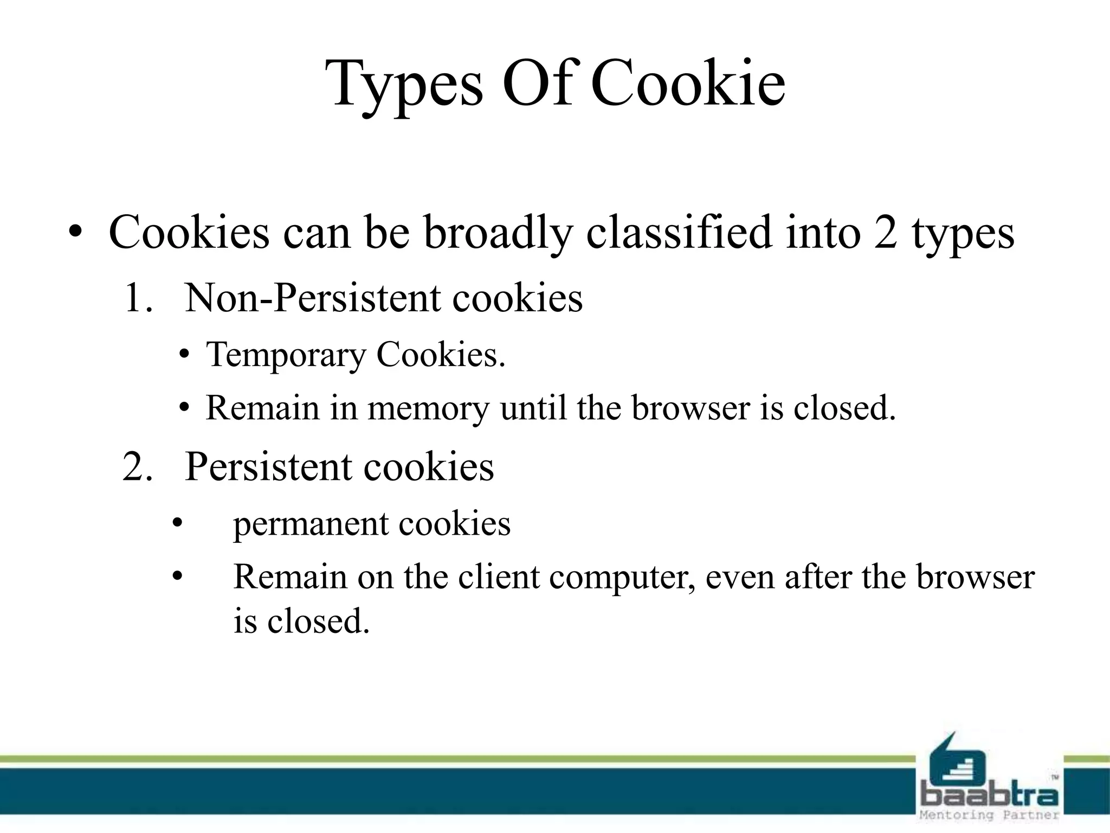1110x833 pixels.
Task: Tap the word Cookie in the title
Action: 688,84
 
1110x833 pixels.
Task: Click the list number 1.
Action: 137,299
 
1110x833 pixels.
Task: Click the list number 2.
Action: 137,467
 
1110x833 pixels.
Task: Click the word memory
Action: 428,408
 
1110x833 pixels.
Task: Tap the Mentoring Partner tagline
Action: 989,815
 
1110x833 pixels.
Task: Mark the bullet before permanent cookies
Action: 177,524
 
